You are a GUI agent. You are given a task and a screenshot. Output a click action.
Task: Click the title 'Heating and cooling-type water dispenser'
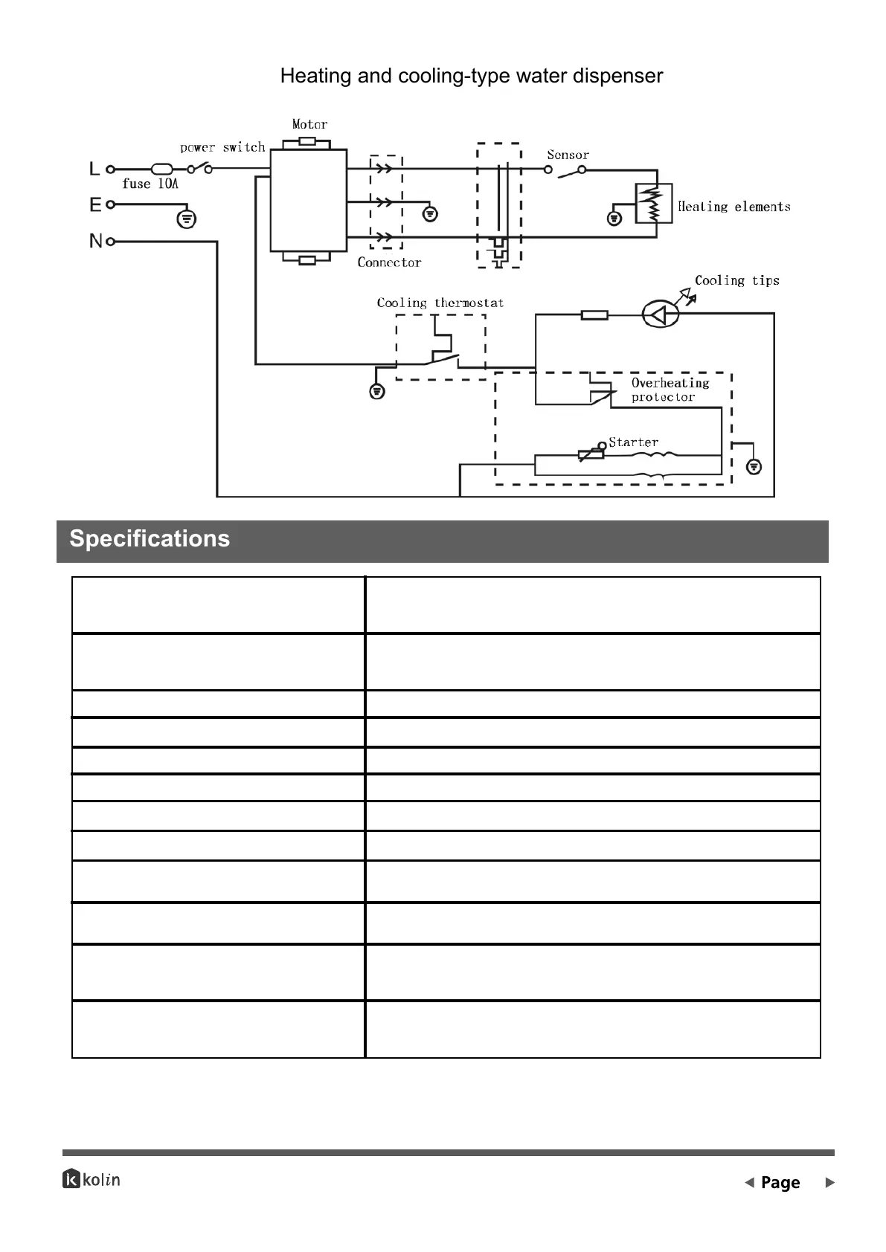[x=471, y=76]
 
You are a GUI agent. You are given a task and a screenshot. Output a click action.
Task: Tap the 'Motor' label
[x=309, y=124]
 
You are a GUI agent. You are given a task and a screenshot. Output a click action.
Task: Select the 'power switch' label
[x=222, y=147]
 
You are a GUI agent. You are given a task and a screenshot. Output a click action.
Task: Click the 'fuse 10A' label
[x=150, y=184]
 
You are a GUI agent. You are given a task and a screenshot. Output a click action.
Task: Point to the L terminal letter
[x=94, y=170]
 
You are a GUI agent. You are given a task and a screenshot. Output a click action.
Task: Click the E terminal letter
[x=95, y=204]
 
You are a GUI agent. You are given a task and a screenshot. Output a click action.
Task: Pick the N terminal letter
[x=95, y=241]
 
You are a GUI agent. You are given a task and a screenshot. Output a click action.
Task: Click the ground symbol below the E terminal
[x=187, y=219]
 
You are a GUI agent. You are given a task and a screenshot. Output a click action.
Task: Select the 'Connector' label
[x=389, y=262]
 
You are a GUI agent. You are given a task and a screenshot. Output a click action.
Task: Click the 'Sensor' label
[x=568, y=155]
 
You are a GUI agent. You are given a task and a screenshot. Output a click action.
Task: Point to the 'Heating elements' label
[x=733, y=207]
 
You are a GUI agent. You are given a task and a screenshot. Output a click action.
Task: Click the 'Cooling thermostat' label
[x=440, y=303]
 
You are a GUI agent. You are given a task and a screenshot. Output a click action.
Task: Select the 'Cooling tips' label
[x=736, y=280]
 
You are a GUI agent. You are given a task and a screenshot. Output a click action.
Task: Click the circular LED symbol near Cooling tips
[x=661, y=315]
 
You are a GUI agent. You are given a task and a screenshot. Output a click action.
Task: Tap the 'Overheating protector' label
[x=670, y=390]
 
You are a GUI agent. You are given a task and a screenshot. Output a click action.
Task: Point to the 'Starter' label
[x=633, y=442]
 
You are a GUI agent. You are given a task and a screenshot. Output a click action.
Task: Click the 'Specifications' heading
[x=150, y=539]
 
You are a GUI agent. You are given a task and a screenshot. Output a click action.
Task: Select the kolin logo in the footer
[x=92, y=1179]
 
